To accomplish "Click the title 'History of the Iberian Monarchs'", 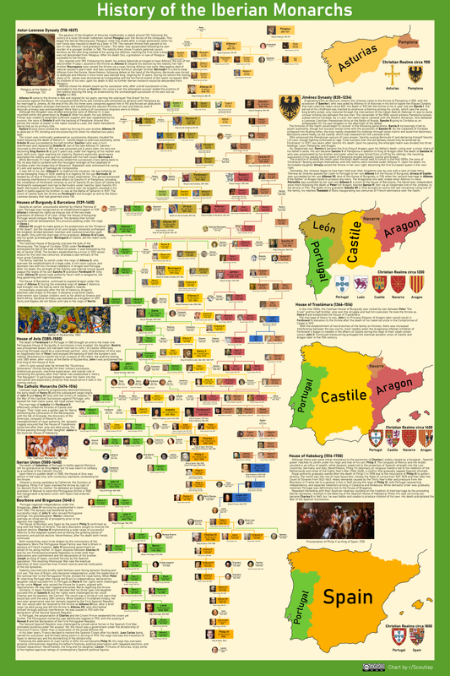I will [x=225, y=14].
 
